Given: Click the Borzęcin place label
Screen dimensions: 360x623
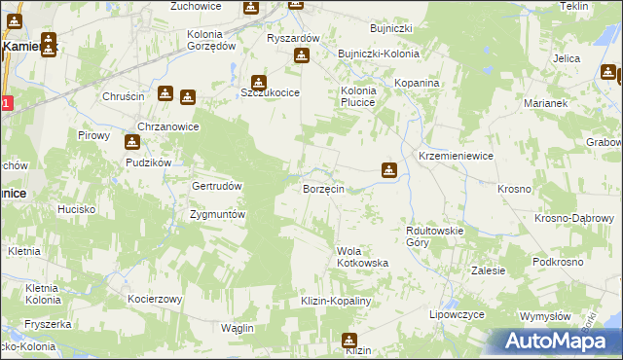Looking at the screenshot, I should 323,189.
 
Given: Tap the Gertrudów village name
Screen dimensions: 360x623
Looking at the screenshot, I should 217,185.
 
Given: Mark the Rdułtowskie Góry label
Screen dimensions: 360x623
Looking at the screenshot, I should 434,235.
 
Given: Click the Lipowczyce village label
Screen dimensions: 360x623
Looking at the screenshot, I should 458,316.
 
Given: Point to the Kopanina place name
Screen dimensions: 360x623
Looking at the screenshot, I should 418,84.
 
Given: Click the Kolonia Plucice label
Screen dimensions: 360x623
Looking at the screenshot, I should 357,96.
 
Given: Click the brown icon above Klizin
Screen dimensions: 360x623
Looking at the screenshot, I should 349,340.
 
